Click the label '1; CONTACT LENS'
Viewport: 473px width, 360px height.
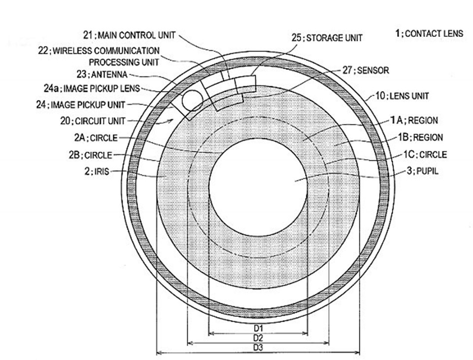coord(429,33)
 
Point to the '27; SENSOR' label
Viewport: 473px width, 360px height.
coord(365,70)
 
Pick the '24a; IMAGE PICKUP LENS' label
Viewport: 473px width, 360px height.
coord(92,89)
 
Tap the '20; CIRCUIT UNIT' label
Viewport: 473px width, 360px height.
coord(94,121)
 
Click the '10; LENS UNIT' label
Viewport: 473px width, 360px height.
coord(402,96)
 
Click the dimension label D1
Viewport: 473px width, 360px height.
coord(258,327)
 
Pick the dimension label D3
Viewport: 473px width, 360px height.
coord(258,348)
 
